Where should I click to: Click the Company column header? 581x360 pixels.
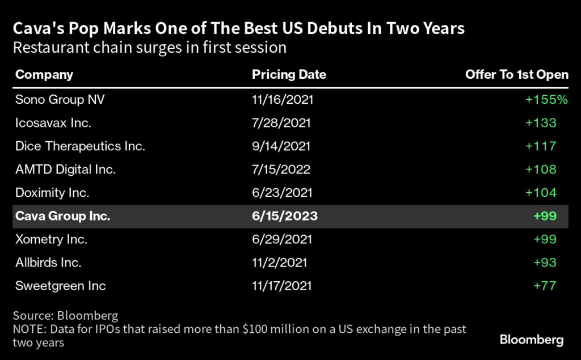44,75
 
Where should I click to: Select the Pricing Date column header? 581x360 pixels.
289,75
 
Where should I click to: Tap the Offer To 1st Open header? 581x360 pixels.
516,75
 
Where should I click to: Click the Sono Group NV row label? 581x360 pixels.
60,99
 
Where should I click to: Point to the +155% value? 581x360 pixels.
546,99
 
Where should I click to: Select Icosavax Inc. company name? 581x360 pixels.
53,122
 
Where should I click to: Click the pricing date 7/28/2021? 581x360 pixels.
281,122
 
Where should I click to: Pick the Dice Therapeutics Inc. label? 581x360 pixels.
81,146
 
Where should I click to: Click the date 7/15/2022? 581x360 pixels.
281,169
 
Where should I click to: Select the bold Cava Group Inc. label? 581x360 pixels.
63,216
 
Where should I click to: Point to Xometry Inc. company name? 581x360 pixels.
52,239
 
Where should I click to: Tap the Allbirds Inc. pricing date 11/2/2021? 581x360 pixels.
280,262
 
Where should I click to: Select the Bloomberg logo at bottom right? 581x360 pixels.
532,340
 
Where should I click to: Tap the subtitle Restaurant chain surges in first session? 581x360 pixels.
150,47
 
